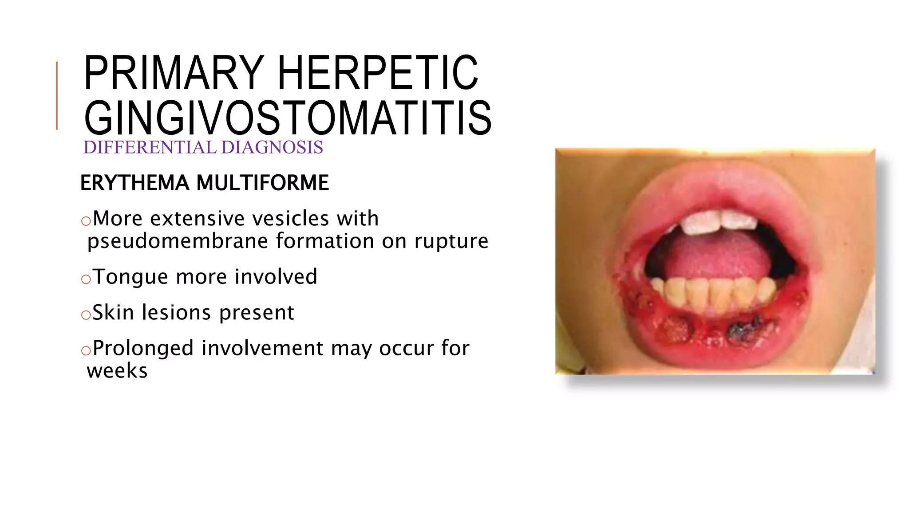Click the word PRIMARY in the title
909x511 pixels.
pyautogui.click(x=174, y=73)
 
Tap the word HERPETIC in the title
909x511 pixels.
pyautogui.click(x=378, y=73)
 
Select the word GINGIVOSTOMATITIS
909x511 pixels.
pyautogui.click(x=288, y=118)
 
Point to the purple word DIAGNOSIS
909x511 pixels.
pyautogui.click(x=272, y=148)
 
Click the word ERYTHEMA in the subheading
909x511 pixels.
pyautogui.click(x=134, y=183)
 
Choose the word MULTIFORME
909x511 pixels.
pyautogui.click(x=262, y=183)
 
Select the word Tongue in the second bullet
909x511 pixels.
pyautogui.click(x=131, y=277)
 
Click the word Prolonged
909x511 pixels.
pyautogui.click(x=143, y=349)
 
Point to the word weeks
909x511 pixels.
pyautogui.click(x=117, y=371)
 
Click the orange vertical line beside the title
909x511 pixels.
pyautogui.click(x=57, y=96)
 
